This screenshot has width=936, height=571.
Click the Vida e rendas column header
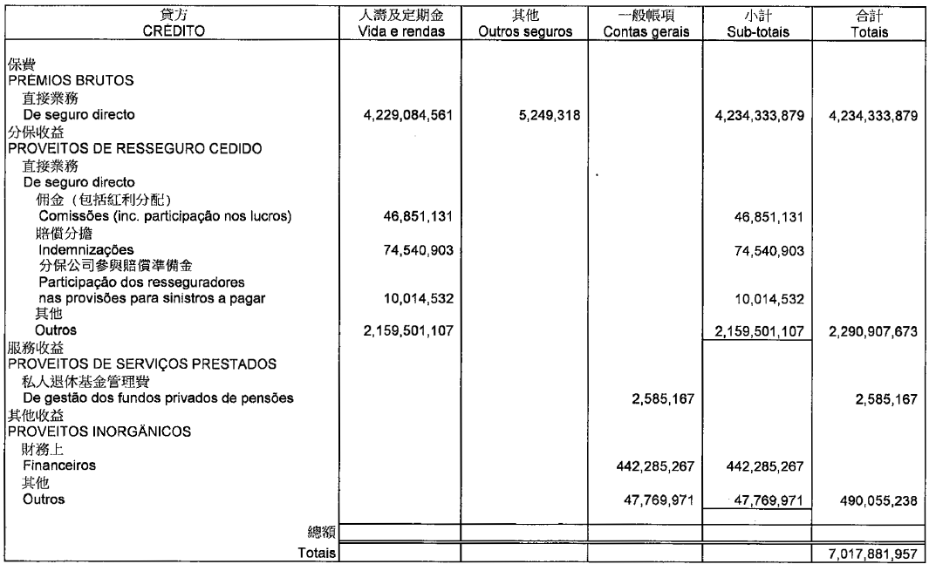coord(400,31)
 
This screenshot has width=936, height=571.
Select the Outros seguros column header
coord(524,31)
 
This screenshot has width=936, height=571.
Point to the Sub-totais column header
coord(755,31)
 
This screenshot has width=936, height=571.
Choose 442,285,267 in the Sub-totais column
coord(762,466)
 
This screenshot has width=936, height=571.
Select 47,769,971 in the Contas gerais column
coord(660,500)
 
